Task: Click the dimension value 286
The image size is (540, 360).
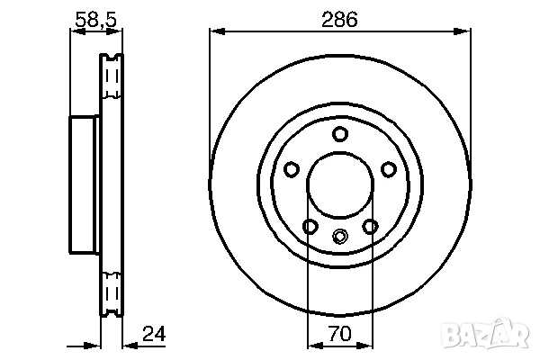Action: (339, 17)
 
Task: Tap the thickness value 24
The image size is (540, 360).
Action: (154, 337)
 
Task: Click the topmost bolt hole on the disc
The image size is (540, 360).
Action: (339, 135)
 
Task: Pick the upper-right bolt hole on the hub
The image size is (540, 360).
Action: (388, 169)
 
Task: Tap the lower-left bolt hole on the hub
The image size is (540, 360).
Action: (310, 227)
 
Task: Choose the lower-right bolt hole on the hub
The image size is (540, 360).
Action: (369, 227)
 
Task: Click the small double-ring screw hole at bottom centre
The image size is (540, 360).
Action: (339, 238)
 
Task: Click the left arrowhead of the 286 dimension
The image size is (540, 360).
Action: (216, 32)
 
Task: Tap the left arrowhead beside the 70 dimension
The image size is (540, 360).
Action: (314, 345)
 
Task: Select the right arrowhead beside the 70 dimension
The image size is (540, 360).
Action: (365, 345)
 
